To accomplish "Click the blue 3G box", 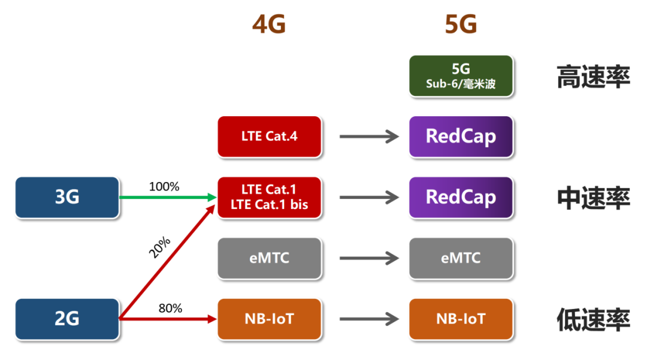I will point(67,197).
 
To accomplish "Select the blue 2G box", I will point(67,319).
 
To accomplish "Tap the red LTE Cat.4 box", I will point(270,137).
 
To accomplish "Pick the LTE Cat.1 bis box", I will point(270,197).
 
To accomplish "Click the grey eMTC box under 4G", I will point(270,258).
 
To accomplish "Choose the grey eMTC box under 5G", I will point(461,258).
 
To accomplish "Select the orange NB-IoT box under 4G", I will point(270,319).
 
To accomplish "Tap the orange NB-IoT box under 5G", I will point(461,319).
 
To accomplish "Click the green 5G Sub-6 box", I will point(461,76).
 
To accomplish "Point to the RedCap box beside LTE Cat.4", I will point(461,137).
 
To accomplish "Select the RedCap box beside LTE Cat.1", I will point(461,197).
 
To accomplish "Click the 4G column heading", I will point(269,25).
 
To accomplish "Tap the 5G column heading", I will point(461,25).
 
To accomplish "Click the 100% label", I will point(164,187).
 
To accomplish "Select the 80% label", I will point(170,308).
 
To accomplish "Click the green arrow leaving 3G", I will point(168,197).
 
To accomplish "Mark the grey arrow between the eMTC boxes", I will point(369,258).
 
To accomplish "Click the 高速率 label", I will point(593,77).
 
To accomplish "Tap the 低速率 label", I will point(593,320).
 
